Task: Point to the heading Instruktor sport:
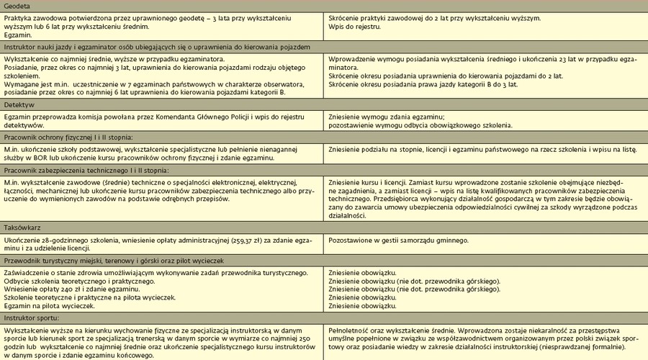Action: point(31,317)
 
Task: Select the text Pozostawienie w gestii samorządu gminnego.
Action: point(398,239)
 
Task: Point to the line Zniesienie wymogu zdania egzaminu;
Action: point(386,117)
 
